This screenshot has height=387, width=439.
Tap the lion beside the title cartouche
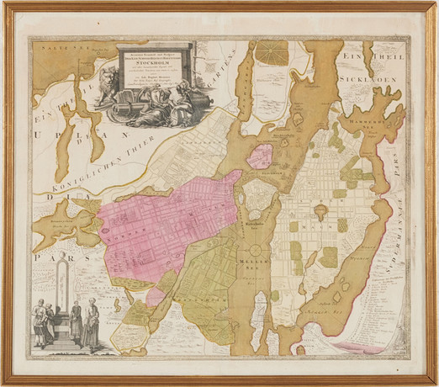(107, 83)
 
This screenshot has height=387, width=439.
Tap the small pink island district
(262, 156)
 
